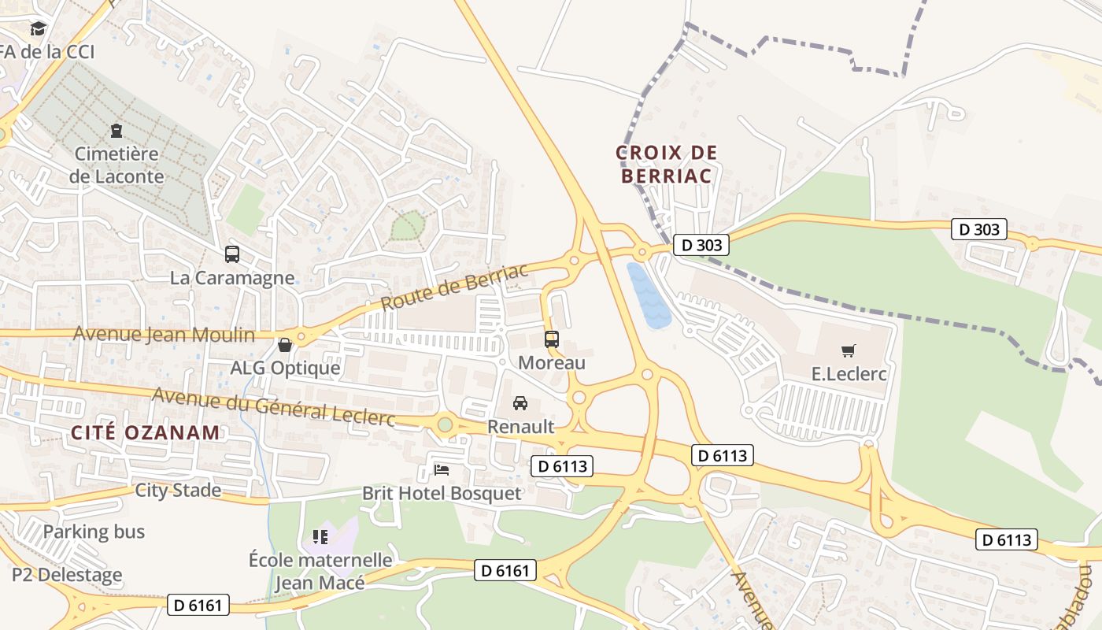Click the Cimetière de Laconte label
(x=116, y=165)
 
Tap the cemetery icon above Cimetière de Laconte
(x=116, y=131)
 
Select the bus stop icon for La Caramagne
(x=232, y=254)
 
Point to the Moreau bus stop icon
(x=552, y=339)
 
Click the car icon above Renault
(x=520, y=403)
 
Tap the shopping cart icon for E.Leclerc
(x=849, y=350)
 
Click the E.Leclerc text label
(x=849, y=373)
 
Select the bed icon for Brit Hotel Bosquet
(x=442, y=470)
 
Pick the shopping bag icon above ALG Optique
(x=285, y=345)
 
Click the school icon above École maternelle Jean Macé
(x=320, y=537)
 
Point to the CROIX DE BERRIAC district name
(x=667, y=164)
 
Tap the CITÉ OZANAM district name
(x=146, y=432)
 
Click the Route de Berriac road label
(x=454, y=287)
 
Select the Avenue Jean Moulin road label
(x=164, y=335)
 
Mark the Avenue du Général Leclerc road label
(x=273, y=406)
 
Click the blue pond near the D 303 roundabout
(x=649, y=296)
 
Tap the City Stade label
(x=178, y=490)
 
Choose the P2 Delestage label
(x=67, y=574)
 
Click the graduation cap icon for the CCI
(x=38, y=29)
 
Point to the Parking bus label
(x=94, y=532)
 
